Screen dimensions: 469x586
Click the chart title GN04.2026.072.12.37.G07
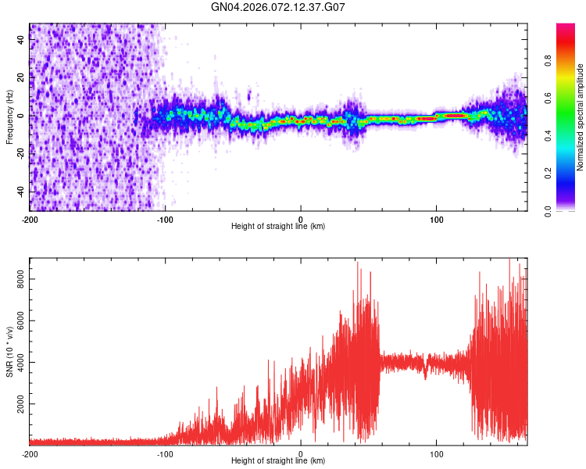point(278,7)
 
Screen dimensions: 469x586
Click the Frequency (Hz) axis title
point(9,117)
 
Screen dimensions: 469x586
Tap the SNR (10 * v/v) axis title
point(9,350)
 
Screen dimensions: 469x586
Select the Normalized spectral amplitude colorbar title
point(581,117)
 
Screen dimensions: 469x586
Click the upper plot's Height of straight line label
point(278,226)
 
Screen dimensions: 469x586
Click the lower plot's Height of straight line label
point(278,460)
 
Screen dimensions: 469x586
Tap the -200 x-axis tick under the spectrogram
point(30,219)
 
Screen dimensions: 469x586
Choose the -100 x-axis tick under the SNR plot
point(165,453)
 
